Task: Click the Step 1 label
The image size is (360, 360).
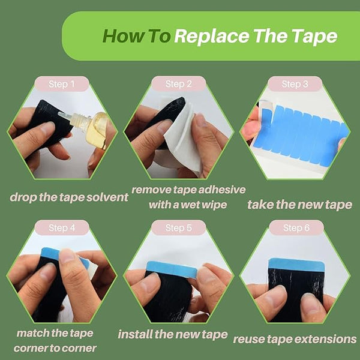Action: coord(62,84)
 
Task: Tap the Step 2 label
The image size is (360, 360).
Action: coord(178,84)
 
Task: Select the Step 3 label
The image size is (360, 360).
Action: coord(295,84)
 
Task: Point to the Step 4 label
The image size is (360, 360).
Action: coord(62,228)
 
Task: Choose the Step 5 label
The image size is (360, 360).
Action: coord(178,228)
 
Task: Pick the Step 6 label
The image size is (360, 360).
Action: coord(296,228)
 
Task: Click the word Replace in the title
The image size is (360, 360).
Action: coord(211,37)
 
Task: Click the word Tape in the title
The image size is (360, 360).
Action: coord(315,37)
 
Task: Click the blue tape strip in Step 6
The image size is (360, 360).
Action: coord(296,264)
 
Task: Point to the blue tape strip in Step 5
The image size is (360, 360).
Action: coord(172,269)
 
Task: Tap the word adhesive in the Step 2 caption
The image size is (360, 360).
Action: coord(222,190)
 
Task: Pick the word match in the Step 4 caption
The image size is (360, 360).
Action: coord(33,333)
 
